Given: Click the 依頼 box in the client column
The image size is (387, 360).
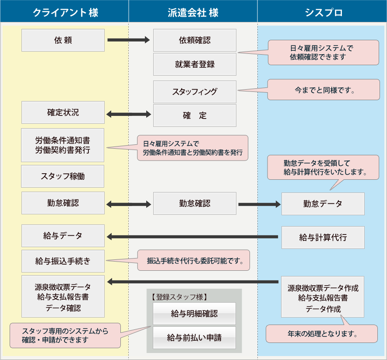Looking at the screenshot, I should [x=63, y=40].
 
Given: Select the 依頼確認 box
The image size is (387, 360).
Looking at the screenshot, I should [x=194, y=40].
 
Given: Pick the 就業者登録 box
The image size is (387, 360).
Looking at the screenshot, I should [x=194, y=64].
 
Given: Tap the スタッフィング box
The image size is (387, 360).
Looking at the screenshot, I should [x=194, y=92].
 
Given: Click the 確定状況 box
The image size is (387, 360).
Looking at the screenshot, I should [x=63, y=112].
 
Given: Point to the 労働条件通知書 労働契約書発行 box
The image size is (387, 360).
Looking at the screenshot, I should [x=63, y=145].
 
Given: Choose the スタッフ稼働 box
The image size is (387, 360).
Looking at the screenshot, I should [x=63, y=176].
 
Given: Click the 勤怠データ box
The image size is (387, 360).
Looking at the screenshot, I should [x=323, y=204].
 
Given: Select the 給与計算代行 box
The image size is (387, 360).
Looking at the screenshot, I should [x=323, y=238].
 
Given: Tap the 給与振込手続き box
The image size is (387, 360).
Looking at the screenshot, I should [x=63, y=261].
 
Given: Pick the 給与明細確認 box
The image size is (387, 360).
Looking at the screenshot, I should [x=194, y=314].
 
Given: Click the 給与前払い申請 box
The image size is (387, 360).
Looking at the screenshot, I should [x=194, y=338].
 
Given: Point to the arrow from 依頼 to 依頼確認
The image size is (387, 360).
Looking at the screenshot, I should [x=128, y=40].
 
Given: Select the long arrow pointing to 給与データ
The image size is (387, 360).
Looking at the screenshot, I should [x=193, y=237].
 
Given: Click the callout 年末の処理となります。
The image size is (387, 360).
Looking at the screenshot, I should [x=322, y=334].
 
